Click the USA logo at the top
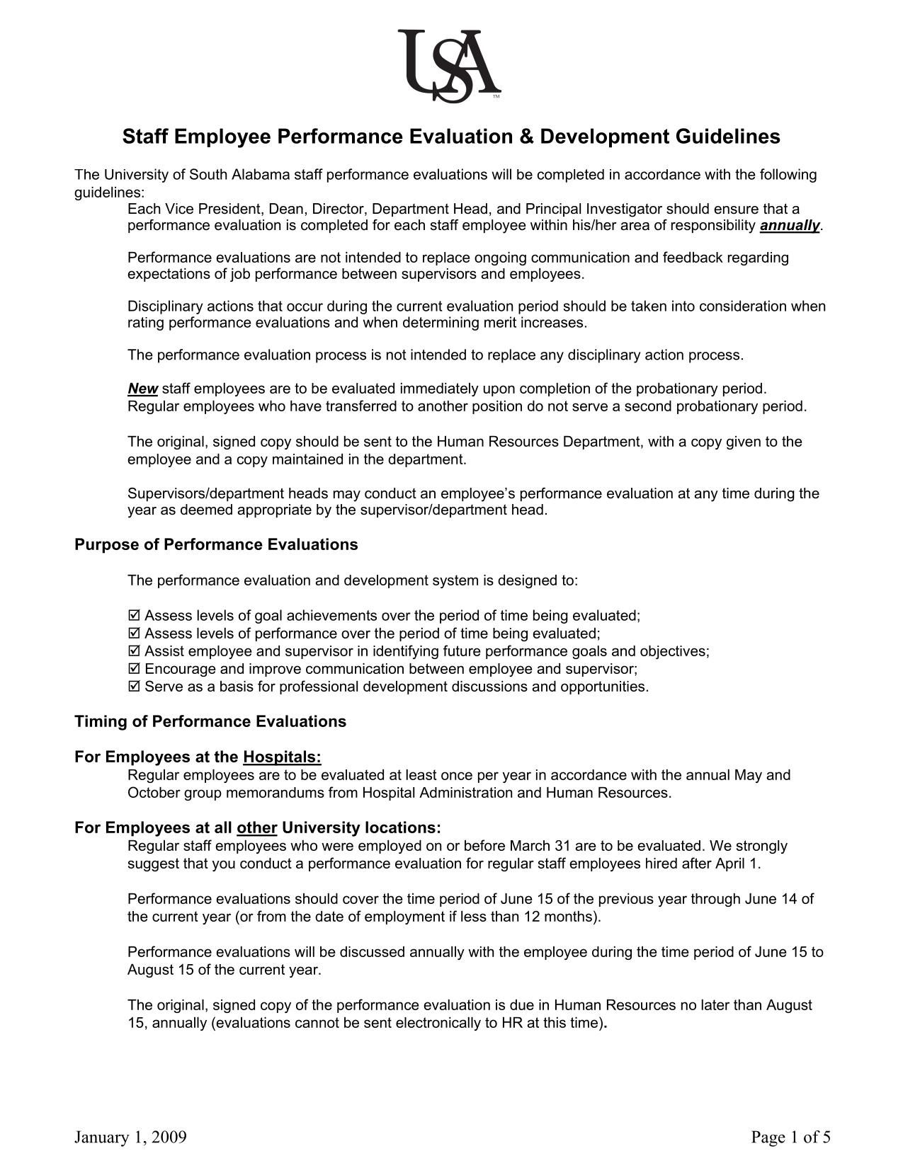point(450,65)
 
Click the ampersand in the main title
point(525,137)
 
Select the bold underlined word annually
point(790,226)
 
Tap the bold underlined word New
point(142,389)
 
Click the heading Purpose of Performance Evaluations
point(216,544)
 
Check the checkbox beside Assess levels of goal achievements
point(135,615)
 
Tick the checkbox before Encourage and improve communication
point(135,669)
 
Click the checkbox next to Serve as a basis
point(135,687)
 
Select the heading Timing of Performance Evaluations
point(210,721)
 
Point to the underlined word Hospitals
point(282,757)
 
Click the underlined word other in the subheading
point(256,828)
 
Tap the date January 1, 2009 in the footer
point(131,1137)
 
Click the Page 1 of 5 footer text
point(790,1137)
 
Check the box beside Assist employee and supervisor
point(135,651)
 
